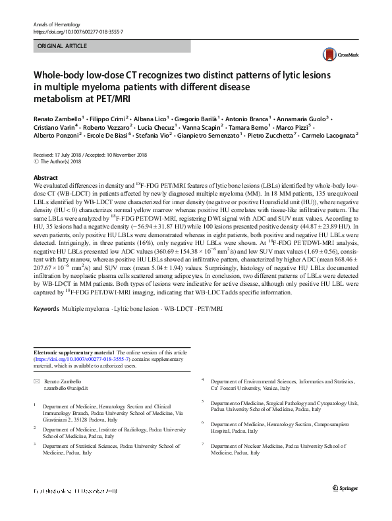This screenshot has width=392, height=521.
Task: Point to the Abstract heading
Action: [45, 177]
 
